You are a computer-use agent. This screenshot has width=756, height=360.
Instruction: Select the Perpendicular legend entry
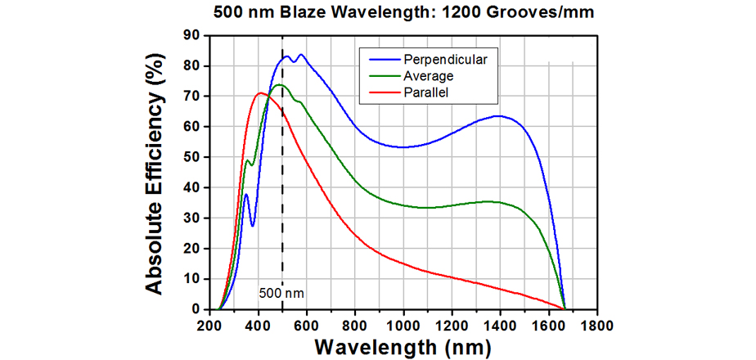click(x=443, y=59)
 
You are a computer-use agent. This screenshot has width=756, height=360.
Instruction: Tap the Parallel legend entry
click(x=427, y=92)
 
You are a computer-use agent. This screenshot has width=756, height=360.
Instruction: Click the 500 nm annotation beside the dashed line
click(x=276, y=291)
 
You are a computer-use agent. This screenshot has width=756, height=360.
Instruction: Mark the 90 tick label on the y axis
click(x=191, y=35)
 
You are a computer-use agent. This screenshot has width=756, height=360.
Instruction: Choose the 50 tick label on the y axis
click(x=191, y=157)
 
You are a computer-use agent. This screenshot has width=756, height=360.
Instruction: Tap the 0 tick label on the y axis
click(x=195, y=309)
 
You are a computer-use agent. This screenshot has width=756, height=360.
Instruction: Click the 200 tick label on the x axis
click(x=210, y=324)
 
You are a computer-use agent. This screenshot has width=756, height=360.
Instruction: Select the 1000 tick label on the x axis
click(x=403, y=324)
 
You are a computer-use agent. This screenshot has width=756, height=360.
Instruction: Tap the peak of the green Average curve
click(x=279, y=85)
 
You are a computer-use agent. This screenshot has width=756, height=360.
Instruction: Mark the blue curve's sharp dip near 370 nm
click(x=253, y=226)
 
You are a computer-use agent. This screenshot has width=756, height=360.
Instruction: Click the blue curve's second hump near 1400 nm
click(x=498, y=116)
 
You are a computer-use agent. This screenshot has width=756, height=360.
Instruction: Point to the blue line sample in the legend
click(x=380, y=59)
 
